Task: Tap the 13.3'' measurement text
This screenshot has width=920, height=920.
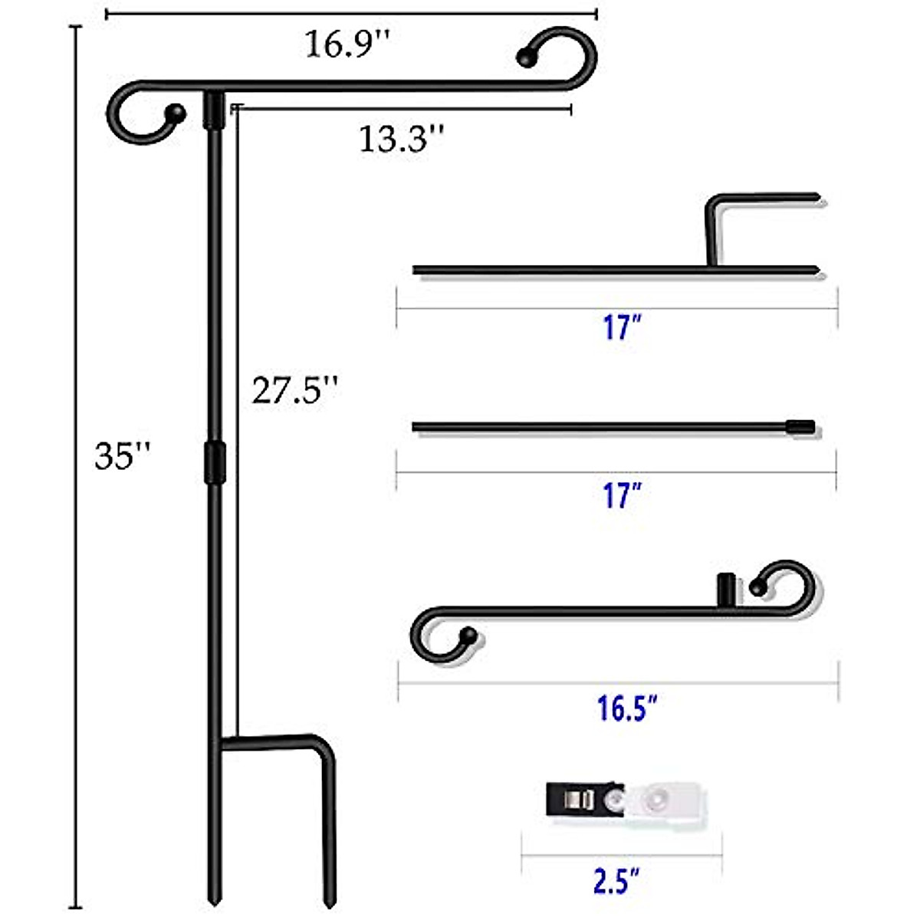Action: click(x=402, y=140)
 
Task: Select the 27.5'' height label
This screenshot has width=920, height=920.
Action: click(x=295, y=390)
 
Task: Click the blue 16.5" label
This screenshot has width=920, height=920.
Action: click(x=627, y=708)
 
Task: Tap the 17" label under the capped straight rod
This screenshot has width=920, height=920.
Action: click(x=621, y=495)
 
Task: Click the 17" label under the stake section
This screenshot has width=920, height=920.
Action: click(x=621, y=328)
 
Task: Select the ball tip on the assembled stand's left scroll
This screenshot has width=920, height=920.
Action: click(x=177, y=113)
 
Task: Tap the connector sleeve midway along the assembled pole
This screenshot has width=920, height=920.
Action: click(x=215, y=462)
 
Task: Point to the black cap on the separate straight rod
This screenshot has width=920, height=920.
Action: click(x=800, y=427)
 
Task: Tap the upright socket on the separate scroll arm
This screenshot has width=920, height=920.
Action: click(x=725, y=590)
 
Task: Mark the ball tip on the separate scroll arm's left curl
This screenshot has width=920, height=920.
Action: click(x=468, y=635)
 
